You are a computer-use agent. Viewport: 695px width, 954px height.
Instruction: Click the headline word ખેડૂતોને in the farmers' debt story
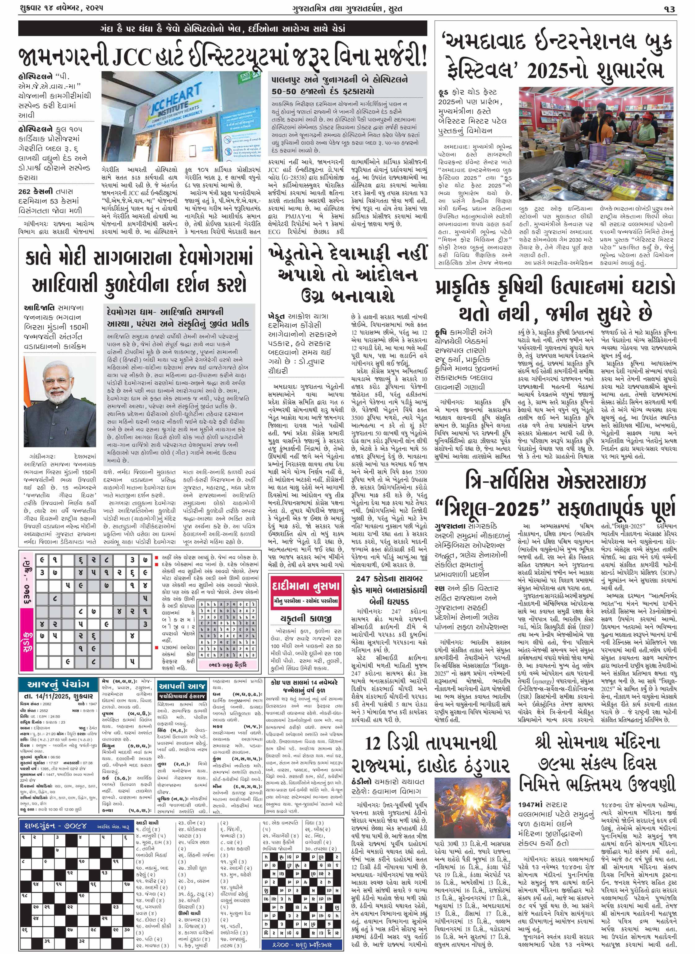307,254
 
